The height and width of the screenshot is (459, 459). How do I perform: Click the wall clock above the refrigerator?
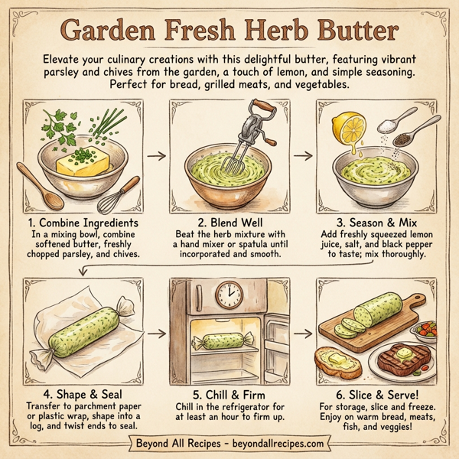[227, 293]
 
